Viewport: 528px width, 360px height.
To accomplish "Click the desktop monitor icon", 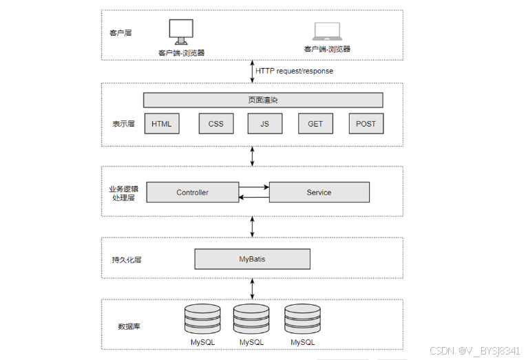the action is point(181,32).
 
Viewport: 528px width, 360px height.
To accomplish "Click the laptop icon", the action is point(327,31).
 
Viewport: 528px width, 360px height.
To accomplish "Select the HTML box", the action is point(162,124).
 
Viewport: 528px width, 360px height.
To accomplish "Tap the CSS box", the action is point(216,124).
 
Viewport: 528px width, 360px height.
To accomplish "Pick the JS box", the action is point(265,124).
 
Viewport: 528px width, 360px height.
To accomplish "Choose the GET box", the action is point(315,124).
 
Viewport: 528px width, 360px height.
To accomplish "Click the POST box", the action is point(366,124).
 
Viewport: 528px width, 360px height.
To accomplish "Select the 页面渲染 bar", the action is point(263,100).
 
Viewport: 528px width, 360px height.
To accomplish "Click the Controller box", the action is point(193,192).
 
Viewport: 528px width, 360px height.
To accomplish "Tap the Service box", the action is point(319,192).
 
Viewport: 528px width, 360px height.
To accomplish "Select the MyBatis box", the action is point(252,259).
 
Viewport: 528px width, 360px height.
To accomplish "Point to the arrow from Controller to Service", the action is point(254,187).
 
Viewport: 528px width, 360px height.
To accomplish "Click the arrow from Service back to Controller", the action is point(254,198).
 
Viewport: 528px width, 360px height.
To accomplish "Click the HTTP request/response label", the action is point(295,71).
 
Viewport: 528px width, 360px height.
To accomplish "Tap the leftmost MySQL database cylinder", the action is point(202,319).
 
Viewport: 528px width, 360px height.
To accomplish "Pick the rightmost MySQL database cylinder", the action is point(302,319).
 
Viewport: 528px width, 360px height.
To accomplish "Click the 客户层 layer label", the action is point(120,33).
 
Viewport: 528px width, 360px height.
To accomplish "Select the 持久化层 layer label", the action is point(127,260).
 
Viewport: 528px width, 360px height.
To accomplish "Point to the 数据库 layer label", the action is point(129,326).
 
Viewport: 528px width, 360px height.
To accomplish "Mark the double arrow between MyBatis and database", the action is point(252,289).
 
